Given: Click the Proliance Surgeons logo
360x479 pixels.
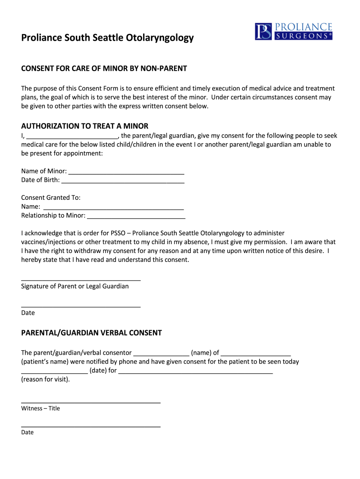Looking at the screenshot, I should click(293, 31).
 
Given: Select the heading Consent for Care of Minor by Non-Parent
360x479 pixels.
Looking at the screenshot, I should click(104, 69).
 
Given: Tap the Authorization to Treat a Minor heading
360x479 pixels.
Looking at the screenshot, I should click(85, 126).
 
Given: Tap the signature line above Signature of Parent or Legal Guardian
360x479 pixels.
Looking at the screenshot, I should click(81, 279).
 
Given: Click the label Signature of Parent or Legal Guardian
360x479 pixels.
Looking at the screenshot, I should click(75, 286).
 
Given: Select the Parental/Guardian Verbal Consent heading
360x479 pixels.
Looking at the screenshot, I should click(91, 333).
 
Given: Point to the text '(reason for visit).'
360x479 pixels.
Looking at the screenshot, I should click(45, 379).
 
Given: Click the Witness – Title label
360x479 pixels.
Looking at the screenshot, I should click(41, 408).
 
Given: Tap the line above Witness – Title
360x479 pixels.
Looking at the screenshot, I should click(91, 402).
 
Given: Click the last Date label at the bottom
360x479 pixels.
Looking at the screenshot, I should click(27, 432).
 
